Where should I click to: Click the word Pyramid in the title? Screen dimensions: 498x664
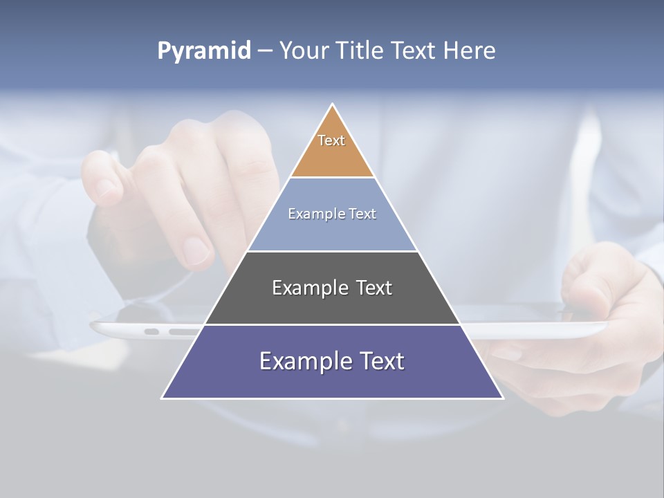pos(204,51)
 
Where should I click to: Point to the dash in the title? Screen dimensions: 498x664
pos(264,51)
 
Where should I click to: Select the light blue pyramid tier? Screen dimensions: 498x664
pos(332,232)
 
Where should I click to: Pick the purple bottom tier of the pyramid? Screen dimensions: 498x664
pos(332,380)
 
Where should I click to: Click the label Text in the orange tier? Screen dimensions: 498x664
pos(331,140)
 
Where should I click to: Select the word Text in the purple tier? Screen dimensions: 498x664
pos(378,361)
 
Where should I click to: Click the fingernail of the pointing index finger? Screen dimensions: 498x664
pos(196,250)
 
